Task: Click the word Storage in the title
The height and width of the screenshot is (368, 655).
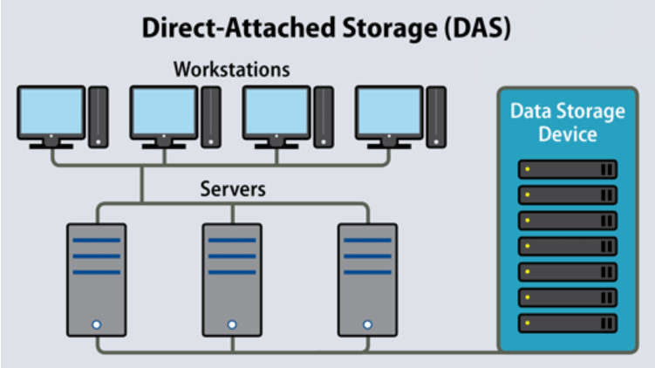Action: (389, 30)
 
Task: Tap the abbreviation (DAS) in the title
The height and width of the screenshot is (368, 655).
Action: (477, 29)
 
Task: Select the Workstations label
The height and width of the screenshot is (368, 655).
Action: (231, 70)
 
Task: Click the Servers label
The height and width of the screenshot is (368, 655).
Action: (233, 189)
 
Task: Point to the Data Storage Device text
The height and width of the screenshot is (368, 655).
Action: (568, 122)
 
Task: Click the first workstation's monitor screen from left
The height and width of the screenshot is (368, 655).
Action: (51, 112)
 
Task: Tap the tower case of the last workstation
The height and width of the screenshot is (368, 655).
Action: (437, 118)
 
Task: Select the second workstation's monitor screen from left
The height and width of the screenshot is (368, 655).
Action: (164, 112)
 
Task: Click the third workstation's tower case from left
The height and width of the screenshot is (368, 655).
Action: (324, 118)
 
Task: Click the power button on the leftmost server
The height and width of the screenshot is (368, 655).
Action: (97, 324)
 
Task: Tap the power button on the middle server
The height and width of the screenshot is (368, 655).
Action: (232, 324)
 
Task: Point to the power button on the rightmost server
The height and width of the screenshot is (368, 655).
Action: (367, 324)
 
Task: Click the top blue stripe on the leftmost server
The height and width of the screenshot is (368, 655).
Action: (97, 240)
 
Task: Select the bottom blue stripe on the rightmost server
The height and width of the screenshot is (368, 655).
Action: (367, 272)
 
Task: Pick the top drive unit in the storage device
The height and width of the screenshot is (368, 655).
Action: (568, 169)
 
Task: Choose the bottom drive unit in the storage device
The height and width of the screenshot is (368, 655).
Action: (568, 324)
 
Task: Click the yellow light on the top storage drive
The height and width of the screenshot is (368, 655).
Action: (528, 169)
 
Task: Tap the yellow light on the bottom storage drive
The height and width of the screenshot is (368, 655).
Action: (528, 323)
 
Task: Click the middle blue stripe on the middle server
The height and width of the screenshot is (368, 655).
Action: (232, 256)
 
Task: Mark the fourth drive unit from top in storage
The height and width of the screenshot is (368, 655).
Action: (568, 247)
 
